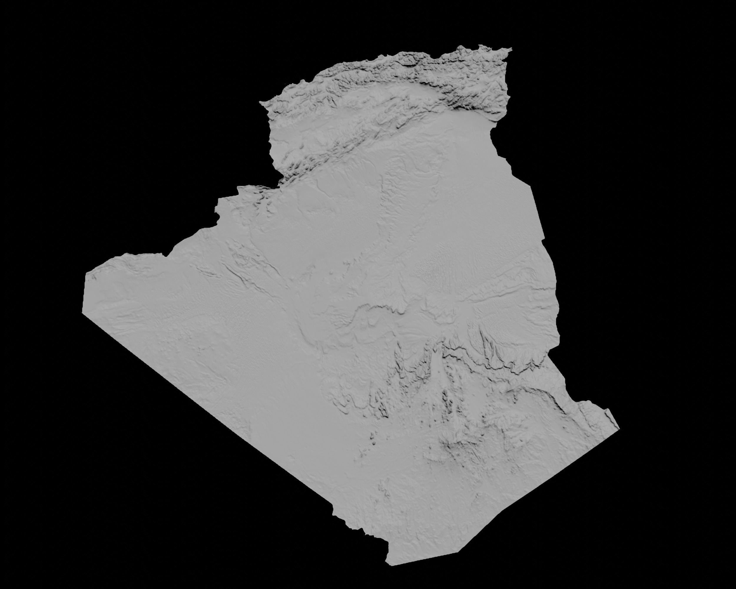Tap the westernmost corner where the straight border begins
pos(83,313)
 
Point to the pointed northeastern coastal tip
pos(511,49)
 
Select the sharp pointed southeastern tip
pos(619,428)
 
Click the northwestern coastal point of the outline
pos(260,102)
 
